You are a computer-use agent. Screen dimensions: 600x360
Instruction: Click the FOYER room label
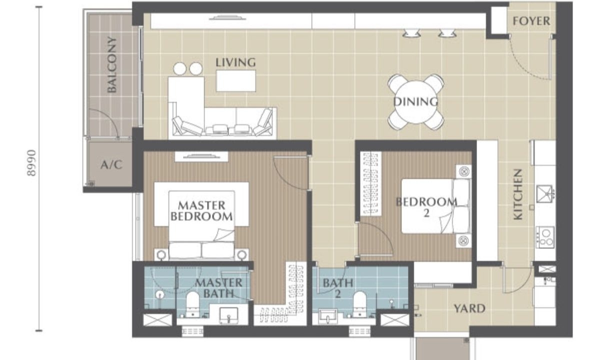pos(531,21)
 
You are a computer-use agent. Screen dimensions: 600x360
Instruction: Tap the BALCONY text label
pos(111,64)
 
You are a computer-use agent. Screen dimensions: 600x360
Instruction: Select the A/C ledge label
pos(111,164)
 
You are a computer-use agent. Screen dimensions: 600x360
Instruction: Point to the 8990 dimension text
pos(31,162)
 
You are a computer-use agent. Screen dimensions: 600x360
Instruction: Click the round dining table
pos(415,102)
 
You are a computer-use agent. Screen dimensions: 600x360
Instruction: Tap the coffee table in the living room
pos(235,81)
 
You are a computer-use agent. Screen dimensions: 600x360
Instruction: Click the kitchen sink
pos(544,194)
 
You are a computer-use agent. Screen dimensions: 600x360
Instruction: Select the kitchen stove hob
pos(545,237)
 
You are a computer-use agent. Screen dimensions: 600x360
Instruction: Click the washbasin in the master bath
pos(228,315)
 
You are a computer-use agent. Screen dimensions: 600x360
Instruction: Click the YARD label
pos(469,308)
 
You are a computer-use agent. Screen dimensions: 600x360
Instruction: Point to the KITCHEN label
pos(518,194)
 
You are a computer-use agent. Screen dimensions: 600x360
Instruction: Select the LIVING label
pos(235,62)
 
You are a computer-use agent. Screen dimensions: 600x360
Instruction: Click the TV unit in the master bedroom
pos(201,156)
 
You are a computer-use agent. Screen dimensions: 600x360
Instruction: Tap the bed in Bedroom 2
pos(435,206)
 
